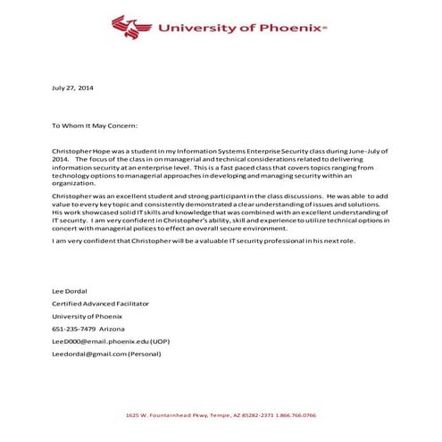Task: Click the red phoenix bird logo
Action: [x=131, y=28]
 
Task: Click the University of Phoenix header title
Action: [x=242, y=28]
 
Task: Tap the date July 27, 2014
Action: [x=72, y=88]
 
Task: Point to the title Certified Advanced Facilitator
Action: [x=99, y=304]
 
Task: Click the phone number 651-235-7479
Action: [x=73, y=329]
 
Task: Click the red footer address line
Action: [x=221, y=415]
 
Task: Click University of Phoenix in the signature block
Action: [x=85, y=316]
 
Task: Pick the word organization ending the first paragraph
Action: [x=74, y=182]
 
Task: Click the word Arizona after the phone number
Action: [x=113, y=329]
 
